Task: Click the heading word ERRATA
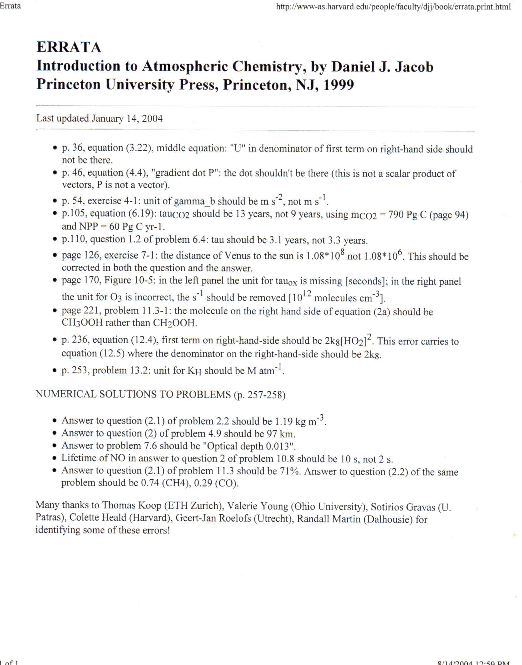point(69,47)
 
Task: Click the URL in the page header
point(393,7)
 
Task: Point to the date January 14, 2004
point(127,118)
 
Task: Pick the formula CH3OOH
point(82,323)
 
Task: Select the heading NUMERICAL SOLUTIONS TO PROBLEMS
point(133,394)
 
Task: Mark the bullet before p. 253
point(55,371)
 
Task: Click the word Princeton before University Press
point(68,85)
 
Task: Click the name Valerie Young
point(257,506)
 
